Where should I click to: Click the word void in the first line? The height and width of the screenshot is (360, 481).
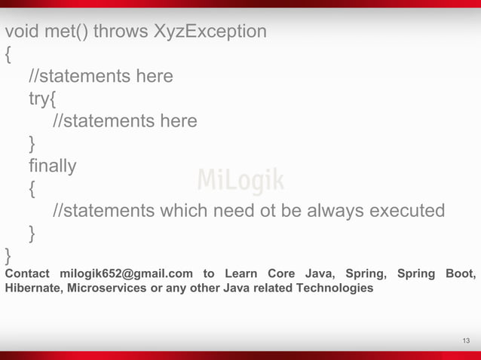21,32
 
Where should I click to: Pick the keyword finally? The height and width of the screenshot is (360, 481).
52,165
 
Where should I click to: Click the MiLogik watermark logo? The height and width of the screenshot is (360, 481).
240,181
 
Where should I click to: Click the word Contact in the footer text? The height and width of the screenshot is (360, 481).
27,273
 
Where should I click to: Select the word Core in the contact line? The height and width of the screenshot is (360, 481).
282,273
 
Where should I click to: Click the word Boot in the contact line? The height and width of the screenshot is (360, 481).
460,273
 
